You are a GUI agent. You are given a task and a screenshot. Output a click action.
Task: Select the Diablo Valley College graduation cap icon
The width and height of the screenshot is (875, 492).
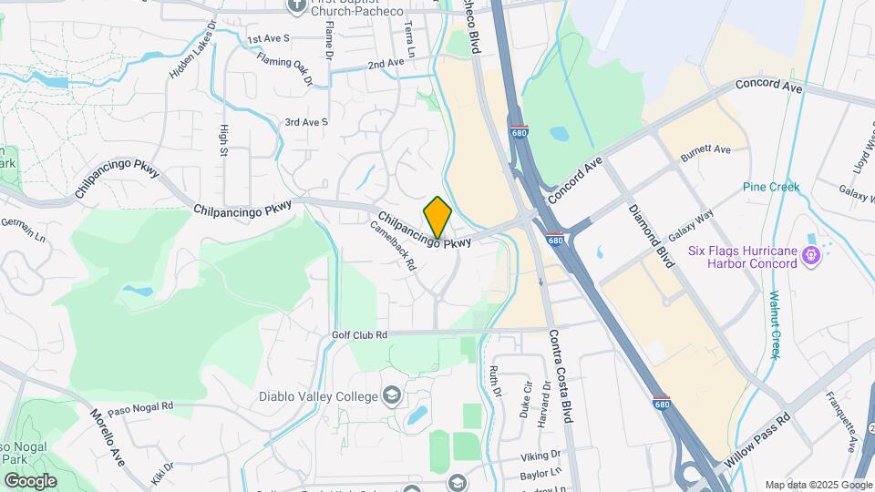(x=391, y=396)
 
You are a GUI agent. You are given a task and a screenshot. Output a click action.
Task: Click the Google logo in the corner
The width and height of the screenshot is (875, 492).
(x=30, y=480)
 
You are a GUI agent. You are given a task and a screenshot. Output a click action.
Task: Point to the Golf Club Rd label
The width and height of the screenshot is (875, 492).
(x=360, y=335)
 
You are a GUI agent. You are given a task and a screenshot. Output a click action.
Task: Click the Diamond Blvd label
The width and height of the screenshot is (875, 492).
(x=653, y=235)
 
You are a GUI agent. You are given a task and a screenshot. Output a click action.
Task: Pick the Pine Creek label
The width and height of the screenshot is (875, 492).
(x=770, y=187)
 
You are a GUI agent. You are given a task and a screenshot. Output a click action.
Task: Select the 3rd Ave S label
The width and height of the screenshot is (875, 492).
(x=305, y=121)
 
